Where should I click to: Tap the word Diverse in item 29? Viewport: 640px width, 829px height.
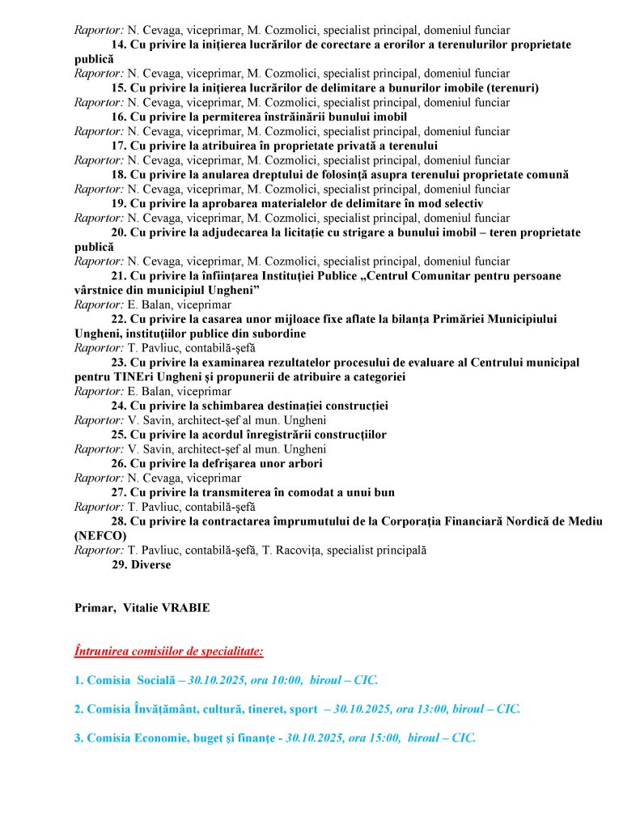click(151, 564)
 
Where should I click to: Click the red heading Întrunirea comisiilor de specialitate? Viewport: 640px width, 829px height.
click(168, 650)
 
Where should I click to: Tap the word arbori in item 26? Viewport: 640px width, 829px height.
click(305, 463)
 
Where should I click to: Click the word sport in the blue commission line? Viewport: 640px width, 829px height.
click(303, 708)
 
